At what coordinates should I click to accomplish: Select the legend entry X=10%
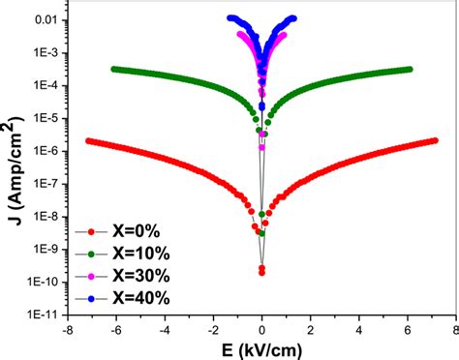tap(131, 255)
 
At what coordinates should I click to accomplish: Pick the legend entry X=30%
tap(131, 277)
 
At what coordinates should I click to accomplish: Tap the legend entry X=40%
tap(131, 299)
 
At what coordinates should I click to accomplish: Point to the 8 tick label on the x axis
tap(457, 328)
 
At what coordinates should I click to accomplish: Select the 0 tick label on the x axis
tap(261, 328)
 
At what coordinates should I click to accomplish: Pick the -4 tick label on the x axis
tap(164, 328)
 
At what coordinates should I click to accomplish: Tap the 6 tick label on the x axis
tap(408, 328)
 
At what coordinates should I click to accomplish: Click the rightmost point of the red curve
tap(435, 141)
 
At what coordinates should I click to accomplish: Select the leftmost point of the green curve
tap(113, 69)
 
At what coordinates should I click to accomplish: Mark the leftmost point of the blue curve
tap(229, 17)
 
